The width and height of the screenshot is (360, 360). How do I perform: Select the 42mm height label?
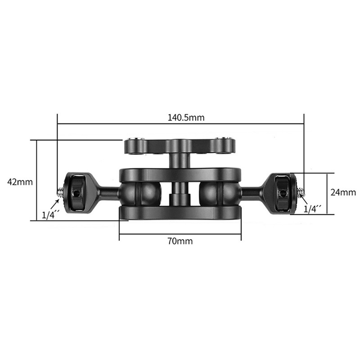click(20, 182)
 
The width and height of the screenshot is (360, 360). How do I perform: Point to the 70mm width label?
click(180, 241)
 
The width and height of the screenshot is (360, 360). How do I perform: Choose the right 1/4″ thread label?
click(313, 209)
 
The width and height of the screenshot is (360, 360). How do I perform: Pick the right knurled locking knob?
click(283, 193)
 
